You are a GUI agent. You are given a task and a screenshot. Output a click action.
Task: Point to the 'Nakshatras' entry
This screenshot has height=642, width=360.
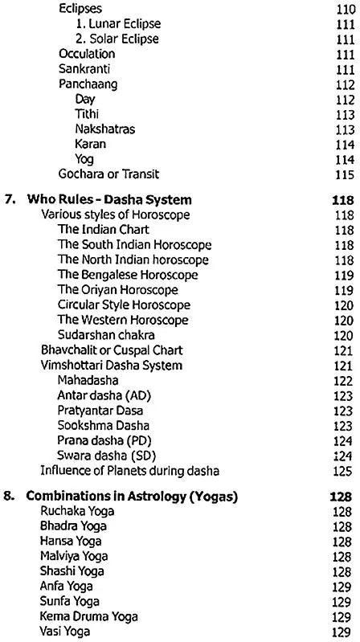(x=104, y=129)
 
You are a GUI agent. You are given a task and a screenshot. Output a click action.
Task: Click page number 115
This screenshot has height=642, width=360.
(x=344, y=174)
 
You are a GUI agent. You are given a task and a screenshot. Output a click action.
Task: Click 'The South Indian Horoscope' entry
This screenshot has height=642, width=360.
(x=134, y=245)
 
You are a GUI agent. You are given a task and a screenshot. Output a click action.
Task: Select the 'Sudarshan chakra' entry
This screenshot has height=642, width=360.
(x=106, y=335)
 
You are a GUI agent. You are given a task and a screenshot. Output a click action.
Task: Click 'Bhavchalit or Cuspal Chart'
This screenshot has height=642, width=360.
(x=112, y=350)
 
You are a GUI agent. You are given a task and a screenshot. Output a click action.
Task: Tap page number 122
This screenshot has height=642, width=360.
(x=344, y=380)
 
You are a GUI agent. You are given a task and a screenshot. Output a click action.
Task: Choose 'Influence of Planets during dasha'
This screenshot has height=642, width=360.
(x=130, y=471)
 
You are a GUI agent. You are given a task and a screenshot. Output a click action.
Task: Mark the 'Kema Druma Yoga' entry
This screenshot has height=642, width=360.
(x=88, y=617)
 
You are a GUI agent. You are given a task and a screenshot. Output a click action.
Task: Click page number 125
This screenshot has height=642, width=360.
(x=344, y=471)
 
